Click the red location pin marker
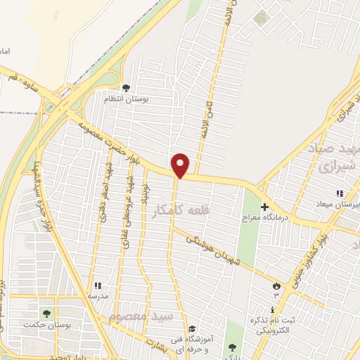[181, 165]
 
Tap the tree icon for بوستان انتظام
[126, 88]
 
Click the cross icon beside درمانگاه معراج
[264, 207]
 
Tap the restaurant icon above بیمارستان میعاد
[340, 193]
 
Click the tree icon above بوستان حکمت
[46, 314]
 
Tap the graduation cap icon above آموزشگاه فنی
[191, 328]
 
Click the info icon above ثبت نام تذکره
[272, 309]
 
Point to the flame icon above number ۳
[276, 285]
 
